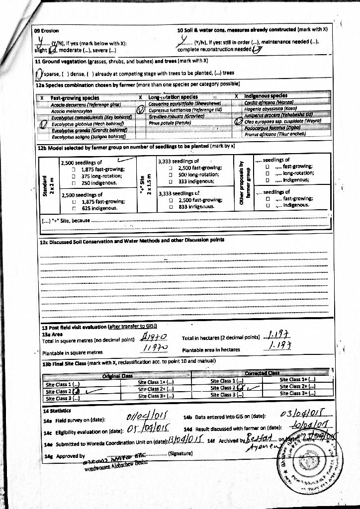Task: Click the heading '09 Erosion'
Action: coord(46,30)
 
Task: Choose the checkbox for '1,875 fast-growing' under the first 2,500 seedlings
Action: coord(73,170)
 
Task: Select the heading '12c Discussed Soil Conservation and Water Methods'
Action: coord(132,241)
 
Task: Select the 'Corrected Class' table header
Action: coord(262,373)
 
